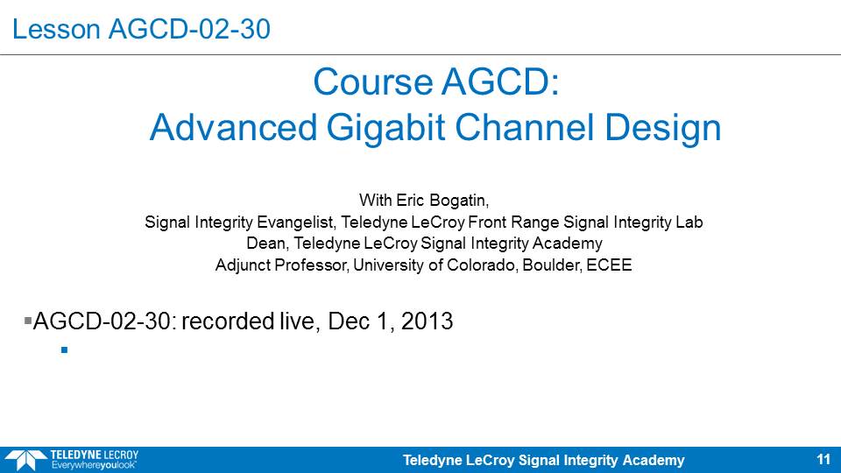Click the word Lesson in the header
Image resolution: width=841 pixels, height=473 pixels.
(x=56, y=29)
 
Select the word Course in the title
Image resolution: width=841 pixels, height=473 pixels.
(x=373, y=82)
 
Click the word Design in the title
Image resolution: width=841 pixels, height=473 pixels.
(x=662, y=130)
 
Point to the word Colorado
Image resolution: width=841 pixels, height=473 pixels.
(x=482, y=265)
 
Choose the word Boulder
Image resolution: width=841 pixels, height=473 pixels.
(x=552, y=265)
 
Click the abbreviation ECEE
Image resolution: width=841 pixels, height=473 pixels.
(x=609, y=265)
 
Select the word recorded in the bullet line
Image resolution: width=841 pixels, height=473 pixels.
(x=228, y=321)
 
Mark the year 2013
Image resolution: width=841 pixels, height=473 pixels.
(x=427, y=321)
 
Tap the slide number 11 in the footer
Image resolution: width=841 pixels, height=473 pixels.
(x=823, y=460)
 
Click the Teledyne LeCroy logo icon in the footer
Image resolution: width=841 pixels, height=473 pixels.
(x=25, y=460)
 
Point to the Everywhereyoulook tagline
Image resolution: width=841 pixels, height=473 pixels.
(x=94, y=465)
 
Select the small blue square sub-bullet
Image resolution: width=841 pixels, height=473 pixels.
(x=64, y=350)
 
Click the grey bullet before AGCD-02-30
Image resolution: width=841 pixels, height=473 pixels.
(x=28, y=321)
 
